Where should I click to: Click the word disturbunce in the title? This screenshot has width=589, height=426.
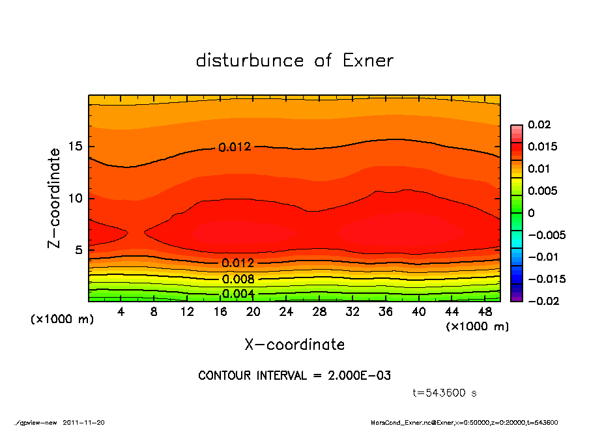click(250, 61)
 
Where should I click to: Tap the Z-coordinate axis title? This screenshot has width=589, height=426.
click(54, 198)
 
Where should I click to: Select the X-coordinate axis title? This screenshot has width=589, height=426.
click(294, 345)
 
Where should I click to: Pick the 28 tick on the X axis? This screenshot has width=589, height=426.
click(319, 312)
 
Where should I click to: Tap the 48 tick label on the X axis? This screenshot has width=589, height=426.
click(484, 312)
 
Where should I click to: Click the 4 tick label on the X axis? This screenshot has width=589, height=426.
click(121, 312)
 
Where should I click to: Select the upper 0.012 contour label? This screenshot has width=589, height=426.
click(235, 147)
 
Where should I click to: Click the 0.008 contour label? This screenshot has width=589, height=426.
click(238, 279)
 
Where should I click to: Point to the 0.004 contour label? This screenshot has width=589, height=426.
click(238, 294)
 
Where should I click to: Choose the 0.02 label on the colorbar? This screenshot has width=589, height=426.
click(539, 124)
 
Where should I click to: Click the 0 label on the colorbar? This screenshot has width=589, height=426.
click(531, 213)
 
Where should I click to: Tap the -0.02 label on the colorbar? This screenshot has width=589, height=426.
click(541, 301)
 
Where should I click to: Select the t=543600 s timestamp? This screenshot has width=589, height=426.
click(445, 393)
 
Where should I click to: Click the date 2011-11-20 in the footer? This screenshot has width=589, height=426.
click(83, 422)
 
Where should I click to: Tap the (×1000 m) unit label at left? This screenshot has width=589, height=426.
click(59, 320)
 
